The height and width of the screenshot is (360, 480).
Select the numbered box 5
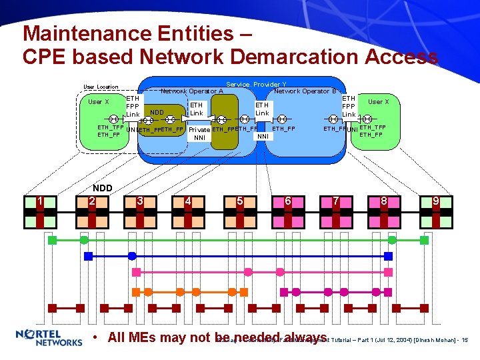click(x=239, y=200)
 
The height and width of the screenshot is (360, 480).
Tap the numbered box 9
click(x=435, y=200)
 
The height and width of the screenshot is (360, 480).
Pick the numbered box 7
click(x=337, y=200)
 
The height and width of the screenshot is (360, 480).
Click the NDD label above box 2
click(x=103, y=188)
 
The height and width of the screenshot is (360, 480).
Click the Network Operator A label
click(x=192, y=91)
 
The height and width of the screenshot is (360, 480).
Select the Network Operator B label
click(x=305, y=91)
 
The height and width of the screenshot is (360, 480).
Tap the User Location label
click(x=101, y=87)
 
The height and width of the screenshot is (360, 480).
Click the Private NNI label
click(x=199, y=133)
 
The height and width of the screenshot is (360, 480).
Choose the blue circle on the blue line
click(x=132, y=256)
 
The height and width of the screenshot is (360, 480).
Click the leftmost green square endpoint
click(x=53, y=239)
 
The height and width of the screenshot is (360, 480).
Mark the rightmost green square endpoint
click(x=437, y=239)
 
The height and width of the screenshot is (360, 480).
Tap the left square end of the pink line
click(x=136, y=272)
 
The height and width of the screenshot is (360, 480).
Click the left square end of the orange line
click(x=135, y=291)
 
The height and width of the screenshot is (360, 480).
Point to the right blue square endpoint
click(x=389, y=256)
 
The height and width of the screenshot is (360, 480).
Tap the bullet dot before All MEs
click(x=97, y=337)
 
